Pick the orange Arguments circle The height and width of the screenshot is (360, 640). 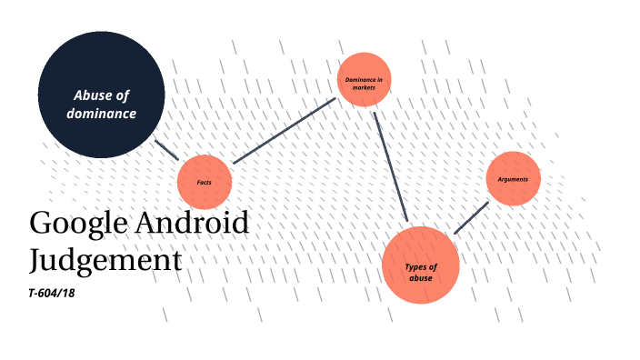514,178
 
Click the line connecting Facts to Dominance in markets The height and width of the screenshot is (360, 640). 285,131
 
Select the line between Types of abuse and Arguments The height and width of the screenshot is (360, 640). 472,217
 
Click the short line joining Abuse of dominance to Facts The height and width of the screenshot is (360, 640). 166,150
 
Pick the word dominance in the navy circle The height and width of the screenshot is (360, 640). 101,114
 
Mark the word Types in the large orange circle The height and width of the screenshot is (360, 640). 415,266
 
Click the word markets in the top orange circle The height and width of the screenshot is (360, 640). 364,87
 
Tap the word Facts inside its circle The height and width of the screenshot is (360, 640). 205,182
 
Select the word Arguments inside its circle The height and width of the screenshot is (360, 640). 514,178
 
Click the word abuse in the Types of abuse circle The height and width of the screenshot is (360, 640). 421,277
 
